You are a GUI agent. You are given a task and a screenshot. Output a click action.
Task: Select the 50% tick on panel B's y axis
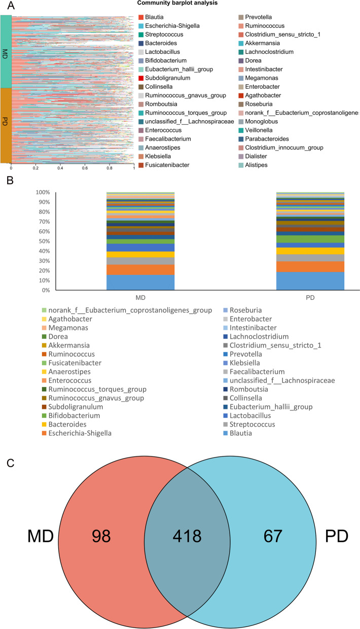pyautogui.click(x=43, y=241)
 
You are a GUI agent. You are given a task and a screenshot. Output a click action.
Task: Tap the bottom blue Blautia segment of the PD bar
pyautogui.click(x=310, y=281)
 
